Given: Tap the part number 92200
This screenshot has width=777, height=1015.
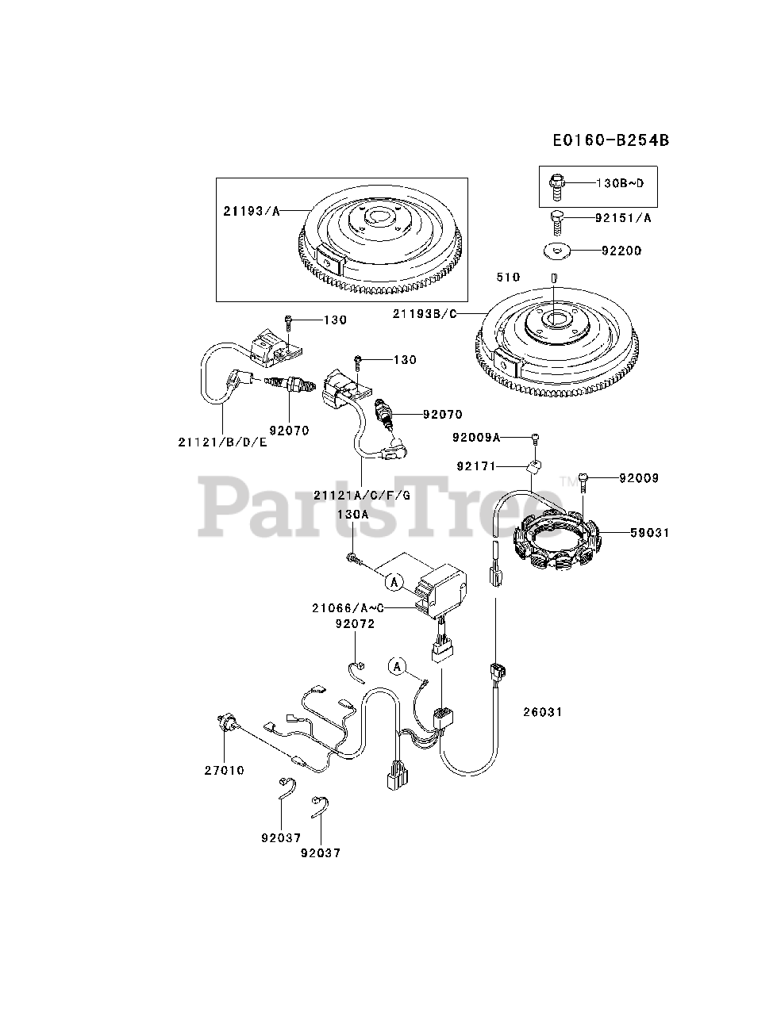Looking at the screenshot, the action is coord(621,251).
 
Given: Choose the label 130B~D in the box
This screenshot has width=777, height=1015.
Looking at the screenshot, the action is coord(621,183).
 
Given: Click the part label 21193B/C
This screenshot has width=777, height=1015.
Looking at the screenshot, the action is coord(425,314).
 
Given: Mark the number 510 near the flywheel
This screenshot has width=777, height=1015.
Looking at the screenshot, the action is coord(508,277).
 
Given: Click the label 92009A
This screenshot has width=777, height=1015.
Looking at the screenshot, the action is coord(477,437).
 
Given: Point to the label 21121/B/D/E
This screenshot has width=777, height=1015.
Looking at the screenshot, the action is coord(223,442).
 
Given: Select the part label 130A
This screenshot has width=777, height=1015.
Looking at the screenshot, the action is coord(353,514).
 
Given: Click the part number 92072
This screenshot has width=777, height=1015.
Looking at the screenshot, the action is coord(354,624).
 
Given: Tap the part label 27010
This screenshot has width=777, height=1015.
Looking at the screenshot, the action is coord(224,770).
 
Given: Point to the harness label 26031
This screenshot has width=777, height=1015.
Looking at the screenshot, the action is coord(542,712).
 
